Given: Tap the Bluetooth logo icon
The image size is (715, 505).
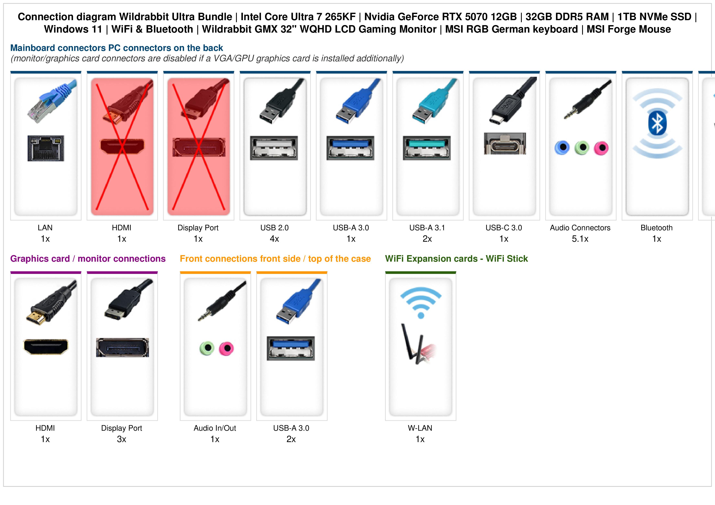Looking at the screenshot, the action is pyautogui.click(x=657, y=123).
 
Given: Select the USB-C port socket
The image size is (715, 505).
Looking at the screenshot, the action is pyautogui.click(x=505, y=143).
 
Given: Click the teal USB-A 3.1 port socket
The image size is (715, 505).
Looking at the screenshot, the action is pyautogui.click(x=427, y=148).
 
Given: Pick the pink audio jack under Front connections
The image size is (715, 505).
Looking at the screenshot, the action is pyautogui.click(x=226, y=348).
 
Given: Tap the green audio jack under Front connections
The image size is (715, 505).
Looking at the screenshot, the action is pyautogui.click(x=207, y=348).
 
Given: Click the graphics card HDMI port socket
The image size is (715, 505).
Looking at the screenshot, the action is pyautogui.click(x=46, y=346).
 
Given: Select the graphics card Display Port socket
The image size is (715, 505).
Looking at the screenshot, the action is pyautogui.click(x=122, y=347).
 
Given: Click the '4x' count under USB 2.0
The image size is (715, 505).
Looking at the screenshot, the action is pyautogui.click(x=274, y=239).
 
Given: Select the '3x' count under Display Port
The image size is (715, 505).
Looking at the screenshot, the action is pyautogui.click(x=121, y=439).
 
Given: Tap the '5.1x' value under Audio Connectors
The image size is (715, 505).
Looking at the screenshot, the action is pyautogui.click(x=580, y=239).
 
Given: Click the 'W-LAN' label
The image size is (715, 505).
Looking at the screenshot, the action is pyautogui.click(x=420, y=428).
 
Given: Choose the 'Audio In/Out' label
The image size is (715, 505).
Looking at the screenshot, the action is pyautogui.click(x=215, y=428).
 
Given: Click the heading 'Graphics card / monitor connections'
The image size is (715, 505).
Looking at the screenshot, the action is pyautogui.click(x=88, y=259).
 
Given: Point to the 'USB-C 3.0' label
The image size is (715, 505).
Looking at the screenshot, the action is pyautogui.click(x=504, y=228).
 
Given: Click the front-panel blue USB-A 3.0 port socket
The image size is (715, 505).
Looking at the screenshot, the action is pyautogui.click(x=291, y=348).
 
